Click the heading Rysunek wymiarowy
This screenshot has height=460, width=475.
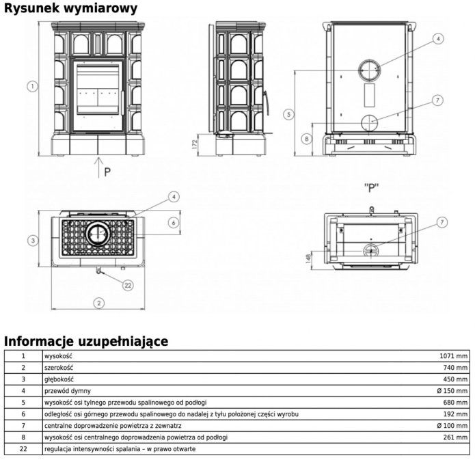[70, 8]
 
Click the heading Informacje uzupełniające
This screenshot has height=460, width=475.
[86, 340]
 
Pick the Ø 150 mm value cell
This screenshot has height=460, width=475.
[452, 391]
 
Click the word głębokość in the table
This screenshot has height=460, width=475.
[59, 379]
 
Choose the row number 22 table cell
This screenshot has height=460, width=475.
[23, 449]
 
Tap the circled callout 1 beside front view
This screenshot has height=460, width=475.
[32, 86]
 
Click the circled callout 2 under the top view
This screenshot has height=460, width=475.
[99, 302]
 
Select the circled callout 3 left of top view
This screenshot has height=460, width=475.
[32, 240]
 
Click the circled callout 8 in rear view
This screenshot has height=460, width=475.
[307, 139]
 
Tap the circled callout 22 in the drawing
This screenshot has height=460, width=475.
[127, 285]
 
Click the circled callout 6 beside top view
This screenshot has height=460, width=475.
[174, 222]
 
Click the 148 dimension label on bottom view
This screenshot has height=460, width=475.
[309, 258]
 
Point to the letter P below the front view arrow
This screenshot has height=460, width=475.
[107, 172]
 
